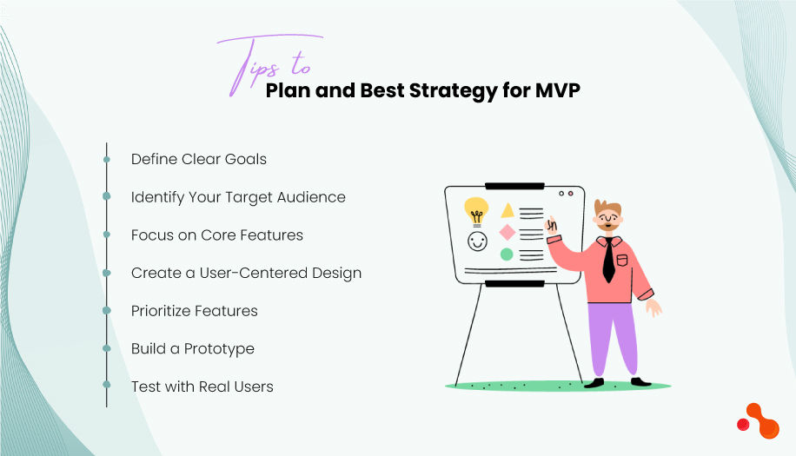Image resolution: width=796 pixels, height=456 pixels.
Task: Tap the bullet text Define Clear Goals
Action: pos(198,159)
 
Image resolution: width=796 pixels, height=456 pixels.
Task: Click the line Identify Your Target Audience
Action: pos(238,197)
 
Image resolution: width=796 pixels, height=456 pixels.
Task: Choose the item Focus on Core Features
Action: pos(216,235)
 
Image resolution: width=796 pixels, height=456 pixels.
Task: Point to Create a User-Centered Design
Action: pos(246,273)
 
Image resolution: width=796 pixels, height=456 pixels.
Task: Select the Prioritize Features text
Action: pos(194,311)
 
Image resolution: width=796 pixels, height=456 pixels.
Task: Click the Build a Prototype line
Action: pos(192,348)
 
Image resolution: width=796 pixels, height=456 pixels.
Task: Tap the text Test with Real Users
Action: pos(202,387)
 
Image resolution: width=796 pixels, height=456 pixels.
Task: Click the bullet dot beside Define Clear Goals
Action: pos(107,160)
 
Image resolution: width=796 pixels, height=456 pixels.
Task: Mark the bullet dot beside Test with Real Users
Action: pos(107,384)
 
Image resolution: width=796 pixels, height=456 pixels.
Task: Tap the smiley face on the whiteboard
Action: pos(477,241)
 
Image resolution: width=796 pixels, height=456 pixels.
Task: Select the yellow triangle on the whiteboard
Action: pos(507,210)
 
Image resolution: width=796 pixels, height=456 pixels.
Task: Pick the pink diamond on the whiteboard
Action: pos(507,232)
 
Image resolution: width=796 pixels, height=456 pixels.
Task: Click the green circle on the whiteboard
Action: pos(507,254)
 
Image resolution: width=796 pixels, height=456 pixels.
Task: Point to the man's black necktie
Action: pos(608,260)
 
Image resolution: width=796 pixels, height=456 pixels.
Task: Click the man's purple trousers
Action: pos(613,334)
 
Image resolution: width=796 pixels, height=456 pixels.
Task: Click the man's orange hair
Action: pos(608,208)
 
